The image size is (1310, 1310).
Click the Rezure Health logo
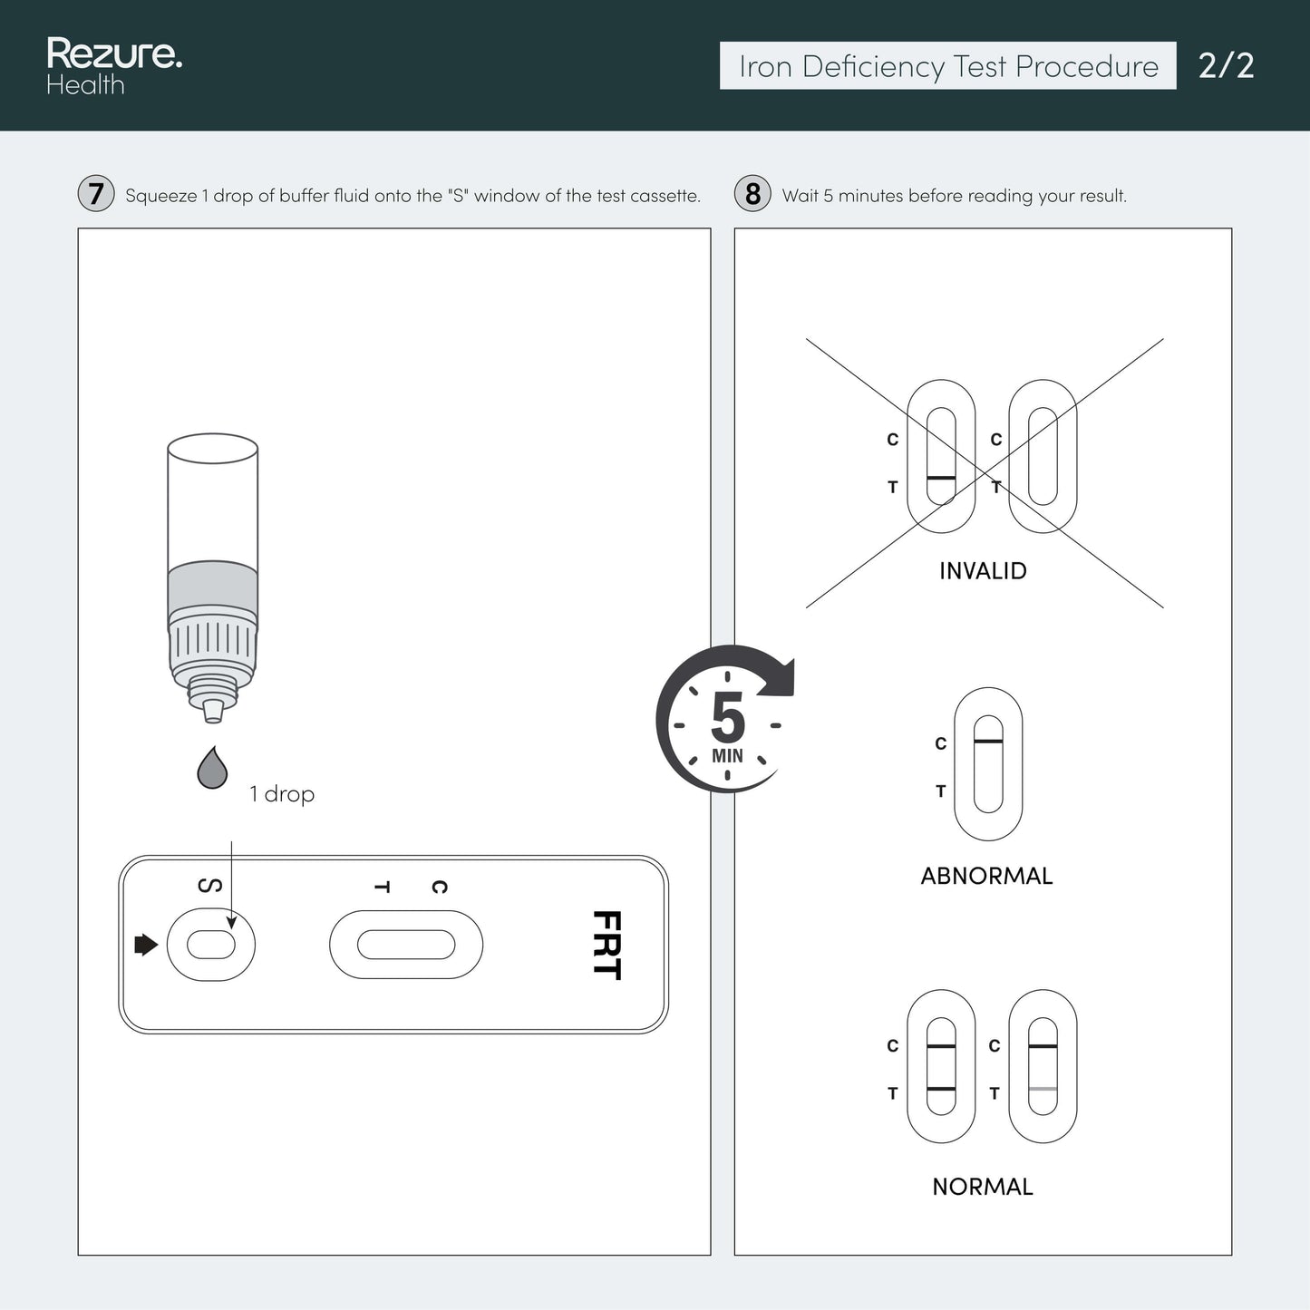pos(114,66)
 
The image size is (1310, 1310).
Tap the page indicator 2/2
pos(1226,66)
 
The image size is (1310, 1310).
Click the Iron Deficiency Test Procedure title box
pos(947,66)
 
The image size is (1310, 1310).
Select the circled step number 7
pos(96,194)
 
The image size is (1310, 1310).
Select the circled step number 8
pos(752,194)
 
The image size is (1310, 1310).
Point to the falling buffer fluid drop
pos(212,768)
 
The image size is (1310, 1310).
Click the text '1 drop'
pos(281,794)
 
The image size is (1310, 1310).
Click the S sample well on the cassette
pos(210,945)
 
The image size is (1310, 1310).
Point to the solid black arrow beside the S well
pos(146,945)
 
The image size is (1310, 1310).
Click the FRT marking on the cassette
pos(607,946)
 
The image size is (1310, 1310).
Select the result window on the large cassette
pos(406,945)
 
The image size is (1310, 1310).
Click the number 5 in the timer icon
pos(728,717)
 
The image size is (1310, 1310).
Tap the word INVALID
pos(983,571)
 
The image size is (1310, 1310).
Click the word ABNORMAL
pos(986,876)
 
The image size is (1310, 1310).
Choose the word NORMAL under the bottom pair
pos(983,1187)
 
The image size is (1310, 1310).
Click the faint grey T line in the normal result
pos(1043,1089)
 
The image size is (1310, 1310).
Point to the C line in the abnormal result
pos(988,741)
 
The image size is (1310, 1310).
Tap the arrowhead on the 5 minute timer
pos(779,676)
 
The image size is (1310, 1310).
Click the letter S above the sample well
pos(210,886)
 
